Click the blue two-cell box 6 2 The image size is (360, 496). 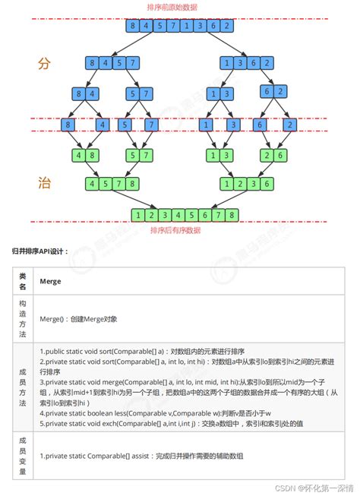[x=274, y=92]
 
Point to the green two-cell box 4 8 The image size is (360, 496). [x=84, y=156]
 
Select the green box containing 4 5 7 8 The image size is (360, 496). [x=112, y=183]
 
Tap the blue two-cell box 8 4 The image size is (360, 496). [x=84, y=94]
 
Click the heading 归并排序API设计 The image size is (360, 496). [x=40, y=250]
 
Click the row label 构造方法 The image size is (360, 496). [x=22, y=319]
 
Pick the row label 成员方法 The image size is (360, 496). [x=22, y=388]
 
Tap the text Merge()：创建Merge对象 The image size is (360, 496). [x=78, y=320]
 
